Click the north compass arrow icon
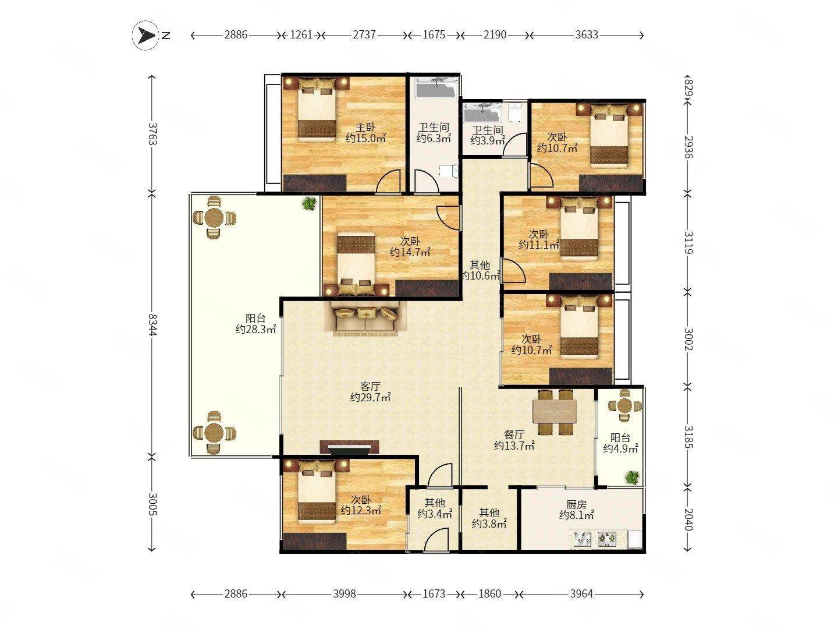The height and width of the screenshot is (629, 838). click(145, 36)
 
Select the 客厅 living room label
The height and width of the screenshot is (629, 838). click(370, 387)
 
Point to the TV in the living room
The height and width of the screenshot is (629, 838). click(349, 448)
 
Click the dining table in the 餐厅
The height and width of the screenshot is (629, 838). click(555, 412)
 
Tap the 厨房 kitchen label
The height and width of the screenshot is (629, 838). click(576, 504)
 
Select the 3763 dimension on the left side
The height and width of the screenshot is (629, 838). click(152, 134)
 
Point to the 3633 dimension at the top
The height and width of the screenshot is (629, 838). click(587, 35)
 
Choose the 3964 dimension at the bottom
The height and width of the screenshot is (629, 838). click(581, 594)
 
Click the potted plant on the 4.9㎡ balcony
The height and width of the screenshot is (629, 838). click(632, 478)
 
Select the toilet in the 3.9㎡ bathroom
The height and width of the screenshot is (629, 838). click(516, 112)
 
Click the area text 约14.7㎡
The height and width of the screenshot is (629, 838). click(410, 252)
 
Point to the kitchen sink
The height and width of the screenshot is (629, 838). click(583, 539)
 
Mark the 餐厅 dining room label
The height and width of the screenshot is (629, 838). click(514, 434)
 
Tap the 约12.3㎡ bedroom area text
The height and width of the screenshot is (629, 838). click(361, 510)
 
